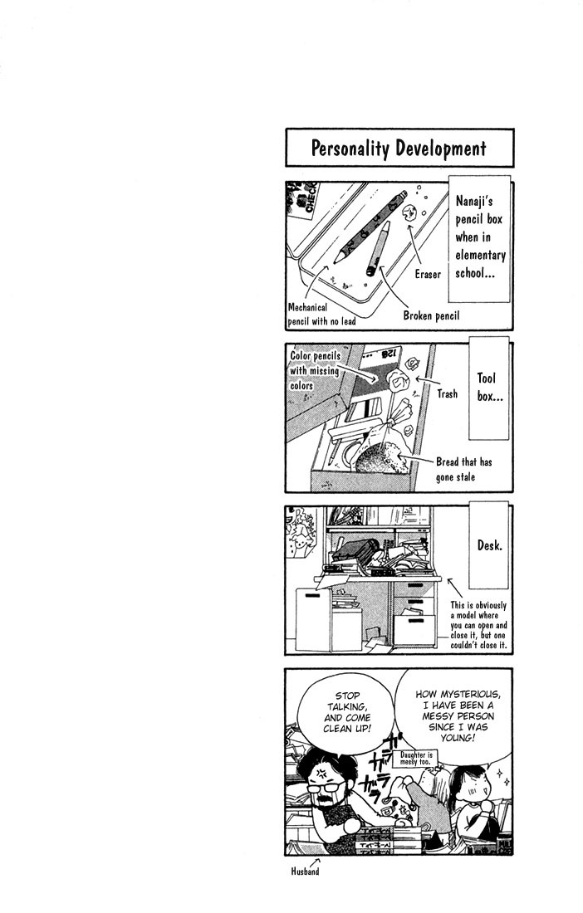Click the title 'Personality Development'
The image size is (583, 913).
399,149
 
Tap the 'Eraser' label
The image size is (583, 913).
428,274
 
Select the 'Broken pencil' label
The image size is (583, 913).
431,315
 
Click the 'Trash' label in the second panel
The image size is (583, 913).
448,394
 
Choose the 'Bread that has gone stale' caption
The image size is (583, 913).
463,469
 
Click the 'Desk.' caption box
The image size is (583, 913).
489,546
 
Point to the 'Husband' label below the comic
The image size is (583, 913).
305,871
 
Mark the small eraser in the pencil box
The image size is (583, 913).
408,212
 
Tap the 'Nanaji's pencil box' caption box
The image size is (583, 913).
480,237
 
